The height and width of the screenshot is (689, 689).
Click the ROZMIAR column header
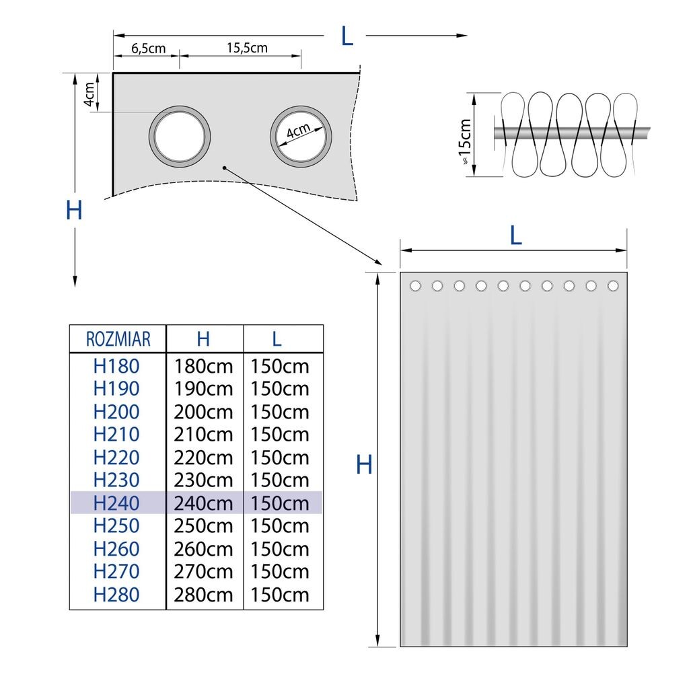(x=118, y=338)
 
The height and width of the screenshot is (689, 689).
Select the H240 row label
(x=116, y=503)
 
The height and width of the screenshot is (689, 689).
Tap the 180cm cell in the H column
(x=203, y=366)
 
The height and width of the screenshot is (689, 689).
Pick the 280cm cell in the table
(x=203, y=595)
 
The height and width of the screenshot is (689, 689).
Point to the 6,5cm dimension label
(x=148, y=48)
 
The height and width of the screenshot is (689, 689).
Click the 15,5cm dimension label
(x=247, y=48)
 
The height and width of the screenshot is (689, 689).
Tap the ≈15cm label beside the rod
(x=464, y=143)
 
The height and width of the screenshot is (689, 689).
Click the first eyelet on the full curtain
(x=415, y=286)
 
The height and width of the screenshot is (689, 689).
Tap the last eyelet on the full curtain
(x=613, y=286)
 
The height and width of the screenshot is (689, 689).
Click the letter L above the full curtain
(x=515, y=235)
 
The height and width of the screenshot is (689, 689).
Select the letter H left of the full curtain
(x=364, y=464)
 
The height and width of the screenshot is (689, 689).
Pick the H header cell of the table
(x=203, y=338)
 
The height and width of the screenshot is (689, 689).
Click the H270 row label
(x=116, y=572)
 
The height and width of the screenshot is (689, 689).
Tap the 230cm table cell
(x=203, y=480)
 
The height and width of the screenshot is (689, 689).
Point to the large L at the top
(x=347, y=36)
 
